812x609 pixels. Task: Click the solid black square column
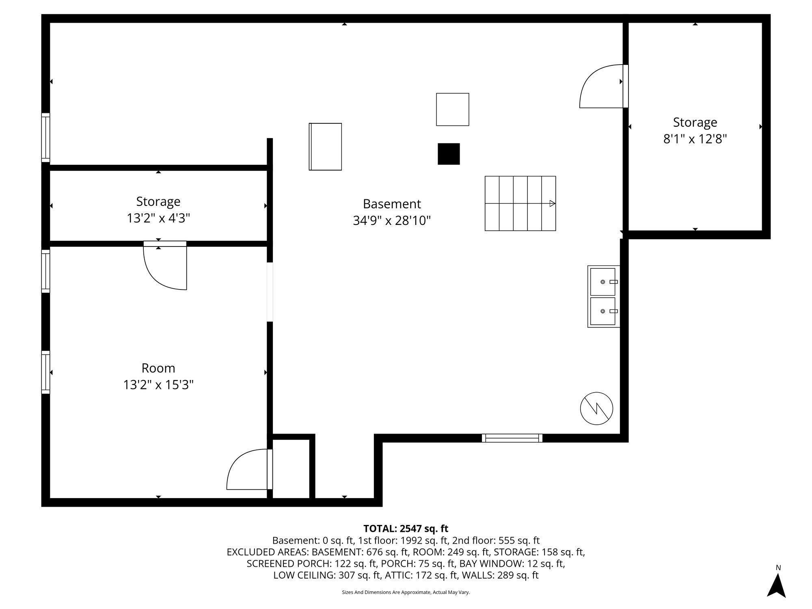click(x=449, y=154)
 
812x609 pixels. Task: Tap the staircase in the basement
click(x=520, y=203)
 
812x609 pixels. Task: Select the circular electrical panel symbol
click(x=596, y=408)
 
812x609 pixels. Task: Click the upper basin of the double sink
click(x=603, y=281)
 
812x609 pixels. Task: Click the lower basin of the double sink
click(x=603, y=311)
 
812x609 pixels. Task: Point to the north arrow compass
click(x=776, y=585)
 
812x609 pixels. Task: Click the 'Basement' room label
click(x=392, y=204)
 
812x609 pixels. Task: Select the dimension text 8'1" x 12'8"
click(x=695, y=139)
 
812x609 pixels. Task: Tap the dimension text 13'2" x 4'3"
click(x=158, y=218)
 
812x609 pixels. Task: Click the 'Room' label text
click(x=158, y=368)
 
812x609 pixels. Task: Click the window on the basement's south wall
click(x=512, y=438)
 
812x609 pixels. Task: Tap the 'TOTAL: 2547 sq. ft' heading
click(x=406, y=529)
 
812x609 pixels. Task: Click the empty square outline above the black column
click(x=452, y=110)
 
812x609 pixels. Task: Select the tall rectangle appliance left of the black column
click(x=325, y=147)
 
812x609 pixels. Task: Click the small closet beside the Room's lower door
click(x=291, y=469)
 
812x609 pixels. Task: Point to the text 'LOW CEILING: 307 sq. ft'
click(x=327, y=575)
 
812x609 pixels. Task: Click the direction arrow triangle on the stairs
click(x=552, y=203)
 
